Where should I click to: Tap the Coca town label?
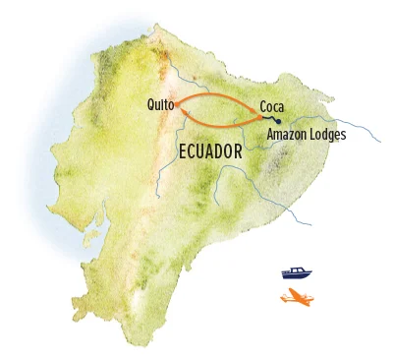[272, 105]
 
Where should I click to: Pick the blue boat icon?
[293, 272]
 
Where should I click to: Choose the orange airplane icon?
[295, 296]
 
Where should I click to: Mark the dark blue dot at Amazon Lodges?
[278, 122]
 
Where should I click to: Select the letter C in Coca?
[263, 105]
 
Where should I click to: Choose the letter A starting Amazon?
[271, 135]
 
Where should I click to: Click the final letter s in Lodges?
[343, 136]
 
